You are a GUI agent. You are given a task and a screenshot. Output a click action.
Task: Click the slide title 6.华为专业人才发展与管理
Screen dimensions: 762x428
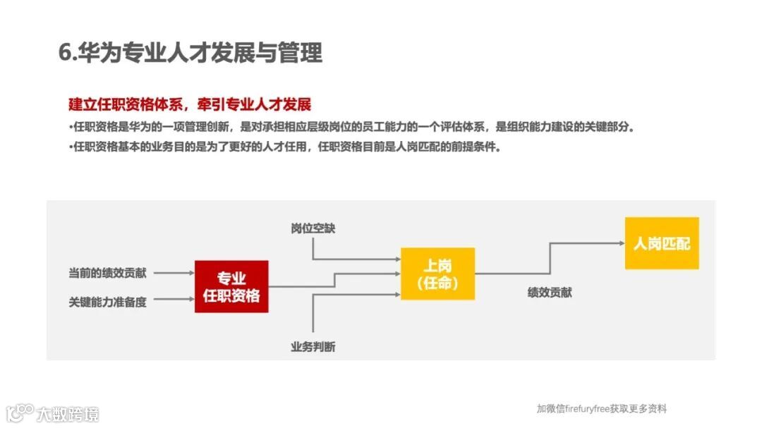[x=190, y=53]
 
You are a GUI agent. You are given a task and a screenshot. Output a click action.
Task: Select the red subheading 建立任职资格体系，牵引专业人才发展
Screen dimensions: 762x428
[x=190, y=104]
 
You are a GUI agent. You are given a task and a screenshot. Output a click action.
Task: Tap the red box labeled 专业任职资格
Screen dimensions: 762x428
[x=231, y=287]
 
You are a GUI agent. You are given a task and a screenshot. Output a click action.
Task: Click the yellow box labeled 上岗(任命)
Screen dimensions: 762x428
[x=437, y=274]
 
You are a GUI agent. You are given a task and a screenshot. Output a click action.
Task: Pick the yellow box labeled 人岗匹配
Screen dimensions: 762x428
[x=661, y=243]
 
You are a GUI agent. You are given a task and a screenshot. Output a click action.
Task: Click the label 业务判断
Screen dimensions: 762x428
[x=313, y=346]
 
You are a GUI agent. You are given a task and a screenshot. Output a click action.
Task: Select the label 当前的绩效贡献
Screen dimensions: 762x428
[x=108, y=272]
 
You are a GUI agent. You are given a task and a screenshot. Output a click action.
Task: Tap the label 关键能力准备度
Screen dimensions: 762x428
[x=108, y=302]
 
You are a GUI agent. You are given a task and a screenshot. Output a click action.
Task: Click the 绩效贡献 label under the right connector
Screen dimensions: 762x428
[x=550, y=292]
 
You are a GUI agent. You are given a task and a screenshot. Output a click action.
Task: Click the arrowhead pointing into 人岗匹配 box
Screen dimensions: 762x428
[x=620, y=243]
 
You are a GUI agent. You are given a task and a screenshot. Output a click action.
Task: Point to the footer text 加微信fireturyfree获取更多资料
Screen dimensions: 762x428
[x=601, y=408]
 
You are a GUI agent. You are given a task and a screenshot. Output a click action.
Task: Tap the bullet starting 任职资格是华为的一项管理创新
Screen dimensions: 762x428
[x=353, y=128]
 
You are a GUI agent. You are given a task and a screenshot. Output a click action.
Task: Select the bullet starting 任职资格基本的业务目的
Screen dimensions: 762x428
[x=286, y=147]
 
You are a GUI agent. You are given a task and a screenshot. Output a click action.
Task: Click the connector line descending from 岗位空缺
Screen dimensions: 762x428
[x=313, y=248]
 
